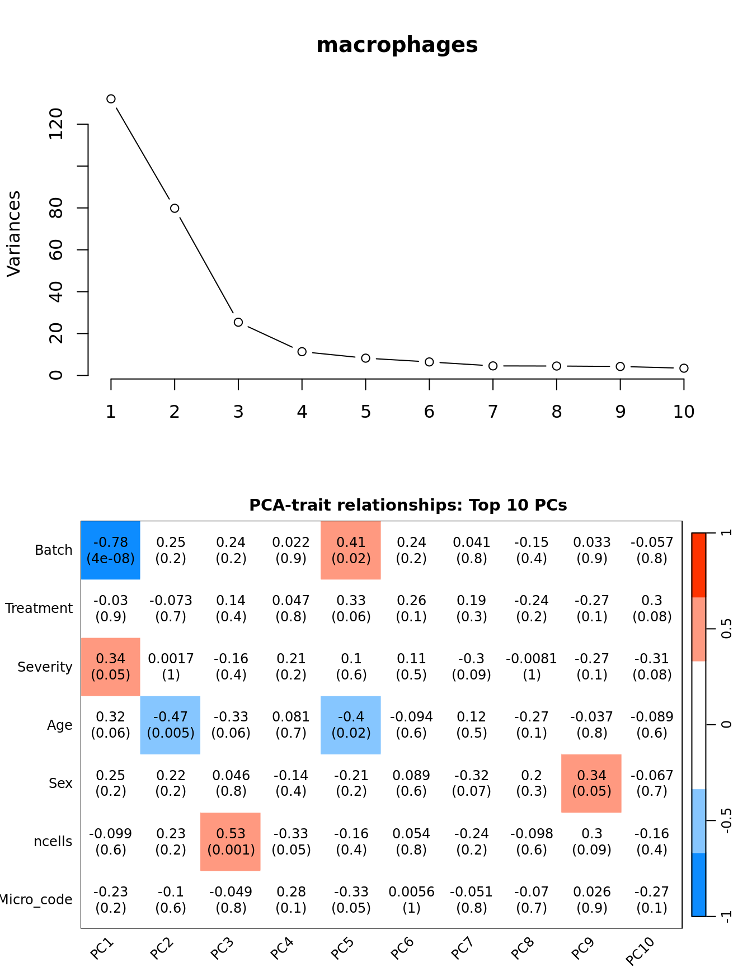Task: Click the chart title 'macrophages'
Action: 397,45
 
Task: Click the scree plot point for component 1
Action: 111,99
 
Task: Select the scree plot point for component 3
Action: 238,322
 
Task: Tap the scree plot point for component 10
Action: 684,368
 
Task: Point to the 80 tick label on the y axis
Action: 57,208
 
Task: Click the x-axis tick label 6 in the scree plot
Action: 429,412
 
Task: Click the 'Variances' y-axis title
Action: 14,234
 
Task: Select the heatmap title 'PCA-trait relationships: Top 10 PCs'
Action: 408,505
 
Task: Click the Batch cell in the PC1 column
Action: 111,550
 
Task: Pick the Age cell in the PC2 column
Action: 171,725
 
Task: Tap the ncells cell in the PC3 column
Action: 231,842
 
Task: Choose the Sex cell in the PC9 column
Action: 591,783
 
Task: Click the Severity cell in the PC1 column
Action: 111,667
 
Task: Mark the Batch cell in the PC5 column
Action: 351,550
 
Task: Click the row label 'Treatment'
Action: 39,608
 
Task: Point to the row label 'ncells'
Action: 53,842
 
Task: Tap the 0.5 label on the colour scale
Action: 726,629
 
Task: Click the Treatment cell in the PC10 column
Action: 652,608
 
